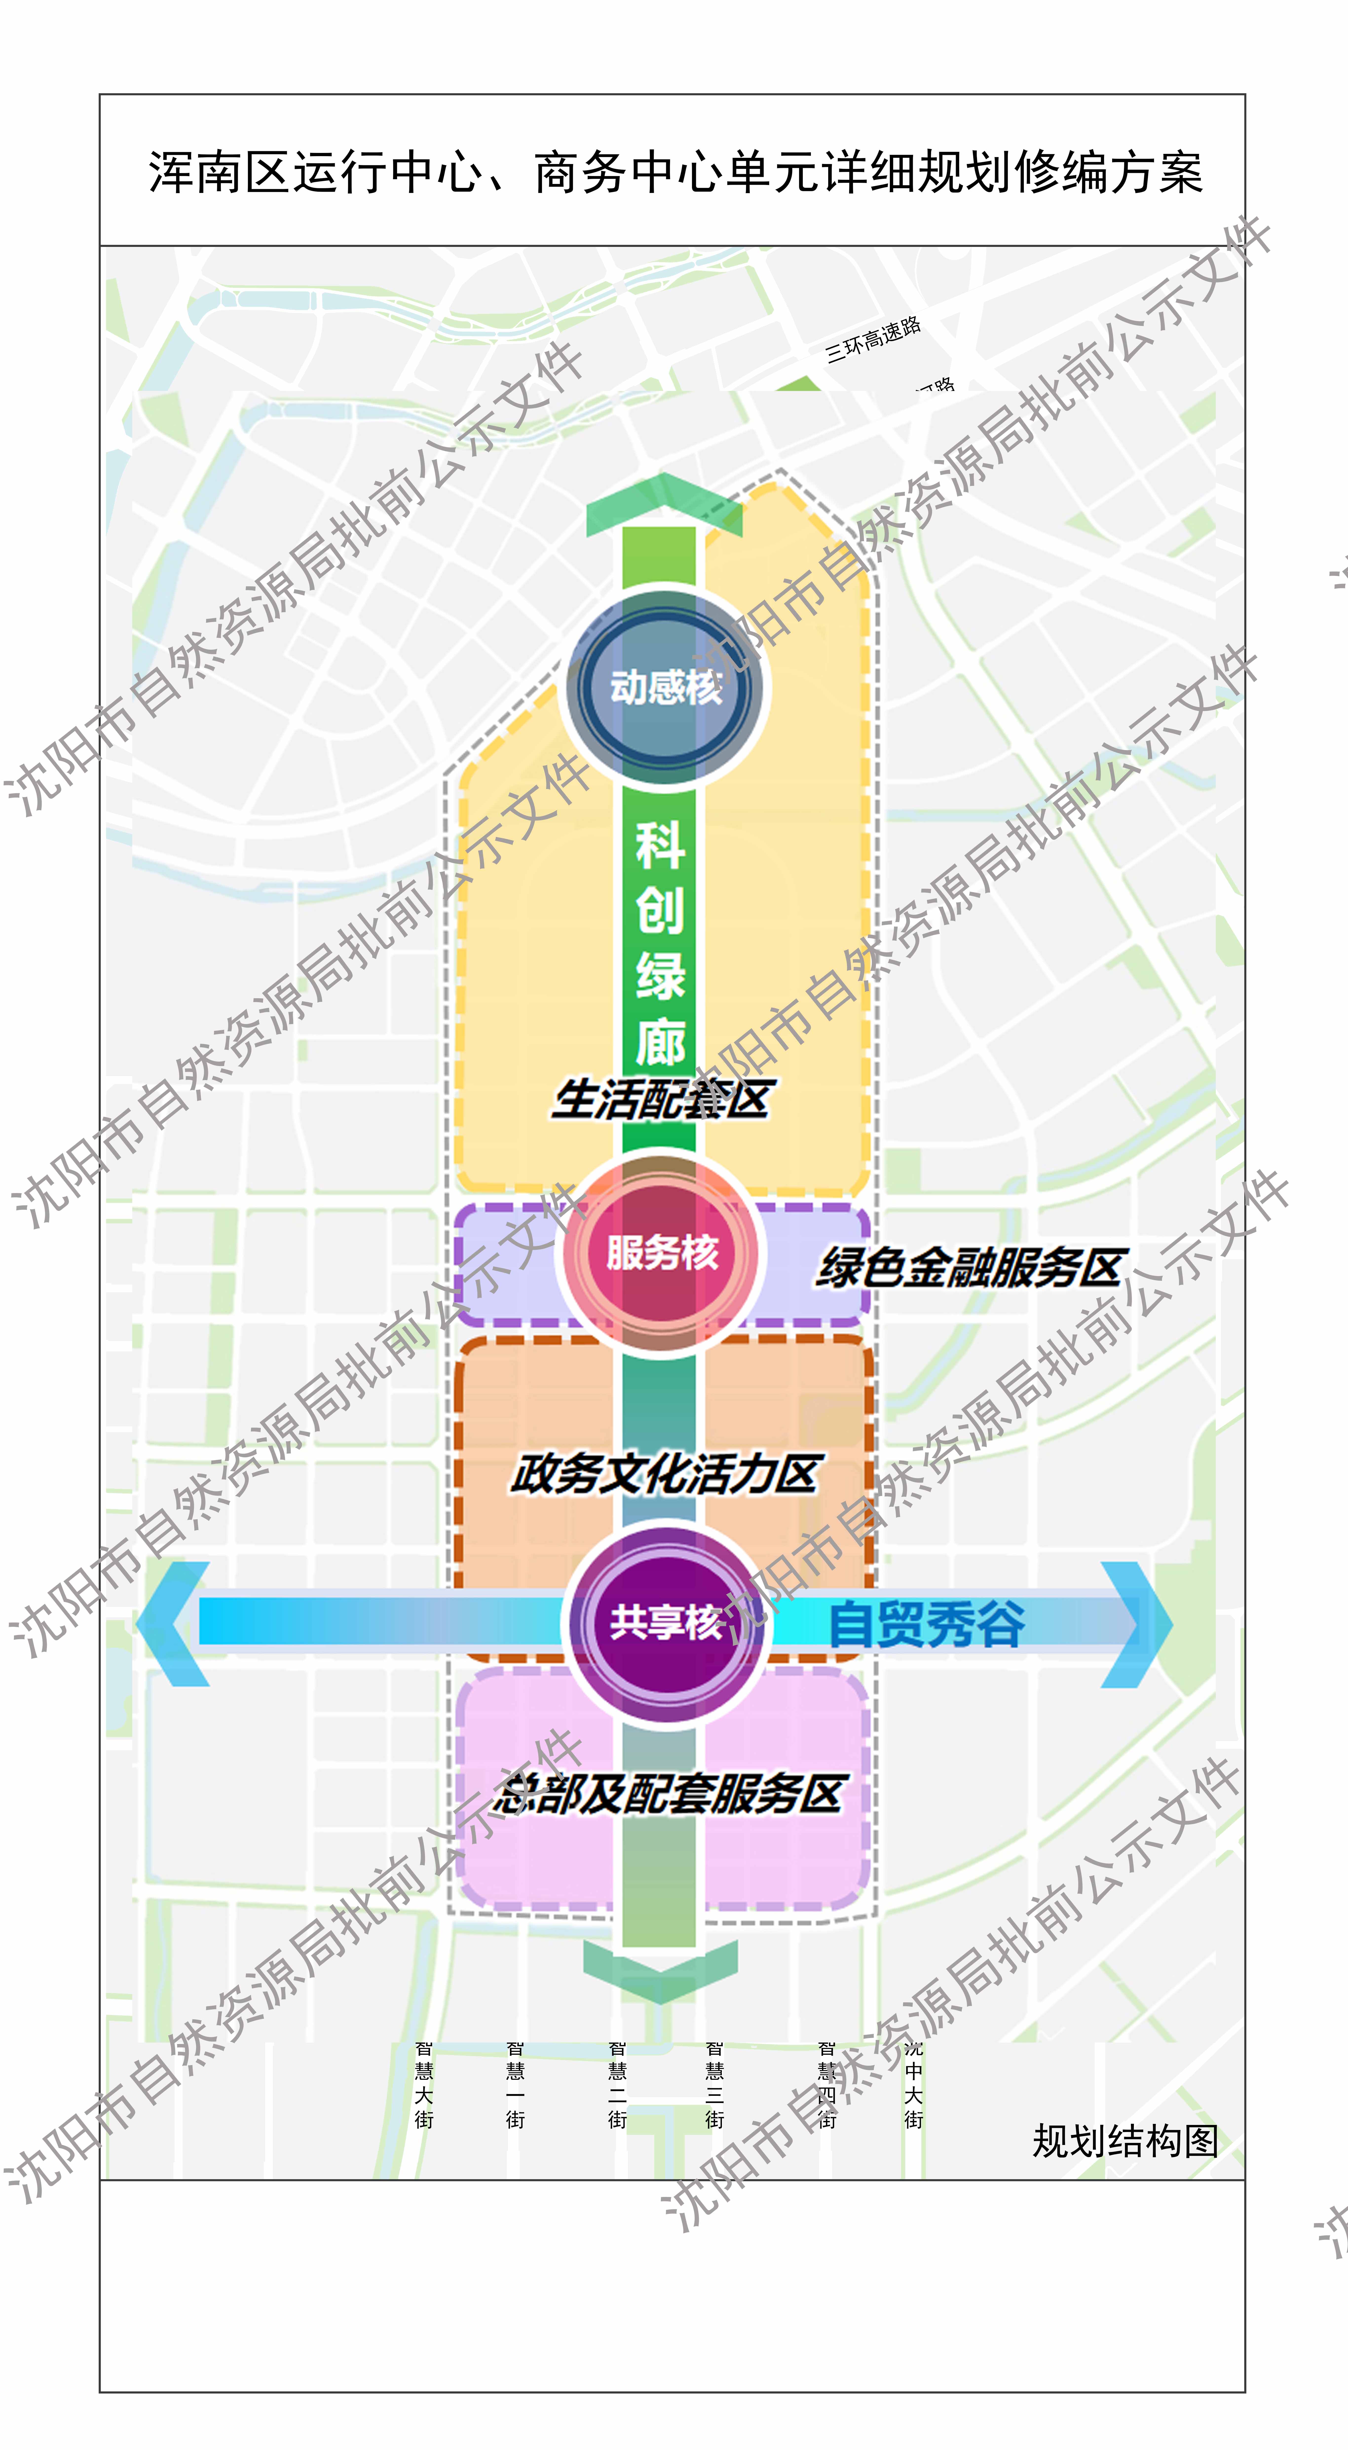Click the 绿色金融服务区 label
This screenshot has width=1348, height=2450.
pyautogui.click(x=970, y=1267)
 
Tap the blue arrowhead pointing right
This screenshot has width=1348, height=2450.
pyautogui.click(x=1137, y=1623)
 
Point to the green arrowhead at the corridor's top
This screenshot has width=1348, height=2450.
pyautogui.click(x=663, y=504)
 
